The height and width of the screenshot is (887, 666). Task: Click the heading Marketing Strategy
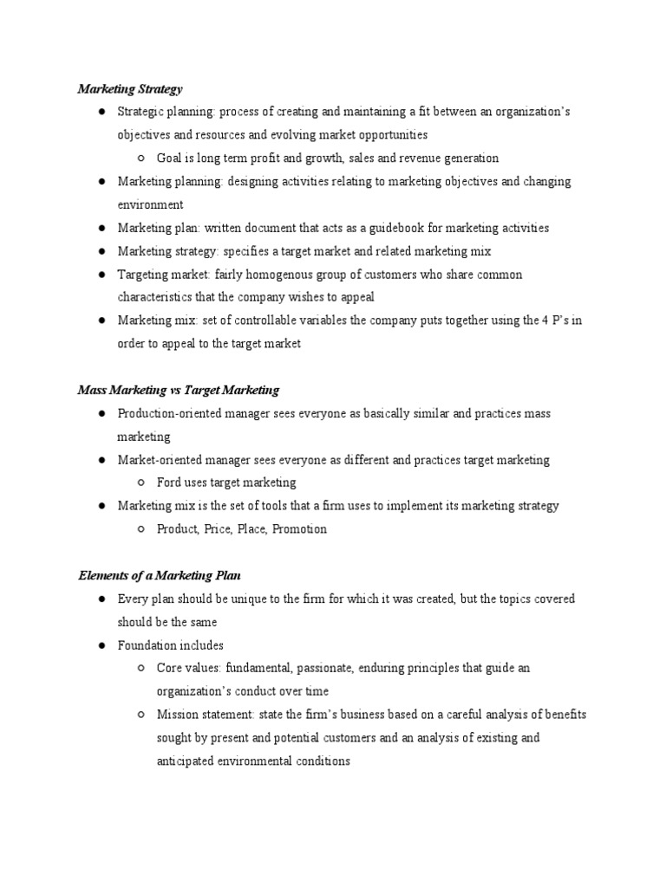coord(130,88)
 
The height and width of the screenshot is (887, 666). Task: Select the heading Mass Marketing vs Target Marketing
coord(179,390)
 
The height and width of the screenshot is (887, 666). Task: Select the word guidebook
coord(403,228)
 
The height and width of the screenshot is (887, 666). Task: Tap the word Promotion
coord(299,529)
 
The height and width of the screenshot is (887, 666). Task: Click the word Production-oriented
coord(167,413)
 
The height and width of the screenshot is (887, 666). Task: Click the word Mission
coord(177,715)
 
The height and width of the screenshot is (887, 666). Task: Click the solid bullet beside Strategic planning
coord(101,113)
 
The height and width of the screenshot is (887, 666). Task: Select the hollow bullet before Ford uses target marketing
coord(140,482)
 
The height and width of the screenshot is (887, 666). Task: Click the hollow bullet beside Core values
coord(140,669)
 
